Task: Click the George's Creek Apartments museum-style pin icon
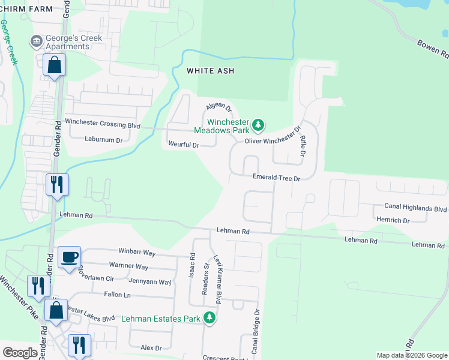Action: pos(37,41)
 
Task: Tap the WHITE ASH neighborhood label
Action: pos(210,71)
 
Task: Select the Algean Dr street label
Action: pos(218,107)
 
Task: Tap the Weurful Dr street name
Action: pos(184,145)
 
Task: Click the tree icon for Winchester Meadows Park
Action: pos(258,125)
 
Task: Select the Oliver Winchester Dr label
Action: pos(273,137)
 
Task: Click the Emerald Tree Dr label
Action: pos(276,178)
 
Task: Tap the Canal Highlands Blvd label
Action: pos(415,208)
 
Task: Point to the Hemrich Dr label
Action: pos(393,220)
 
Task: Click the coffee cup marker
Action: pos(70,257)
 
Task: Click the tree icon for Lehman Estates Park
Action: pos(209,317)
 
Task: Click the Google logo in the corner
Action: pos(20,353)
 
